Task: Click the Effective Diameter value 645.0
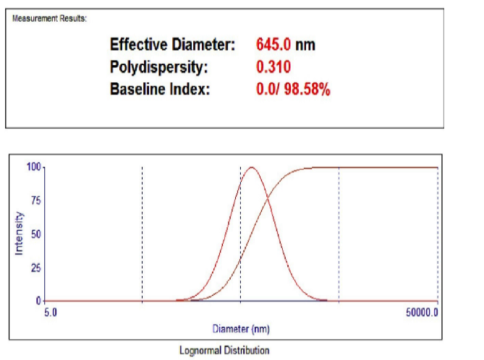click(x=273, y=45)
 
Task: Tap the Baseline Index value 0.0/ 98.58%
click(x=293, y=90)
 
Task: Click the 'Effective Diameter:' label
click(x=172, y=45)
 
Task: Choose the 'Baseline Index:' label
click(x=159, y=90)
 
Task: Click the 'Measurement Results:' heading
click(x=49, y=18)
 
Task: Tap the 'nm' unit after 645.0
click(x=305, y=45)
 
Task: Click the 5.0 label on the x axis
click(x=50, y=313)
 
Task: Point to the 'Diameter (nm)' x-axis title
click(x=241, y=329)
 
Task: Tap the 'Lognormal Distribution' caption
click(x=224, y=351)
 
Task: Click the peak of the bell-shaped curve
click(x=251, y=167)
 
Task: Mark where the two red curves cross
click(x=266, y=197)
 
